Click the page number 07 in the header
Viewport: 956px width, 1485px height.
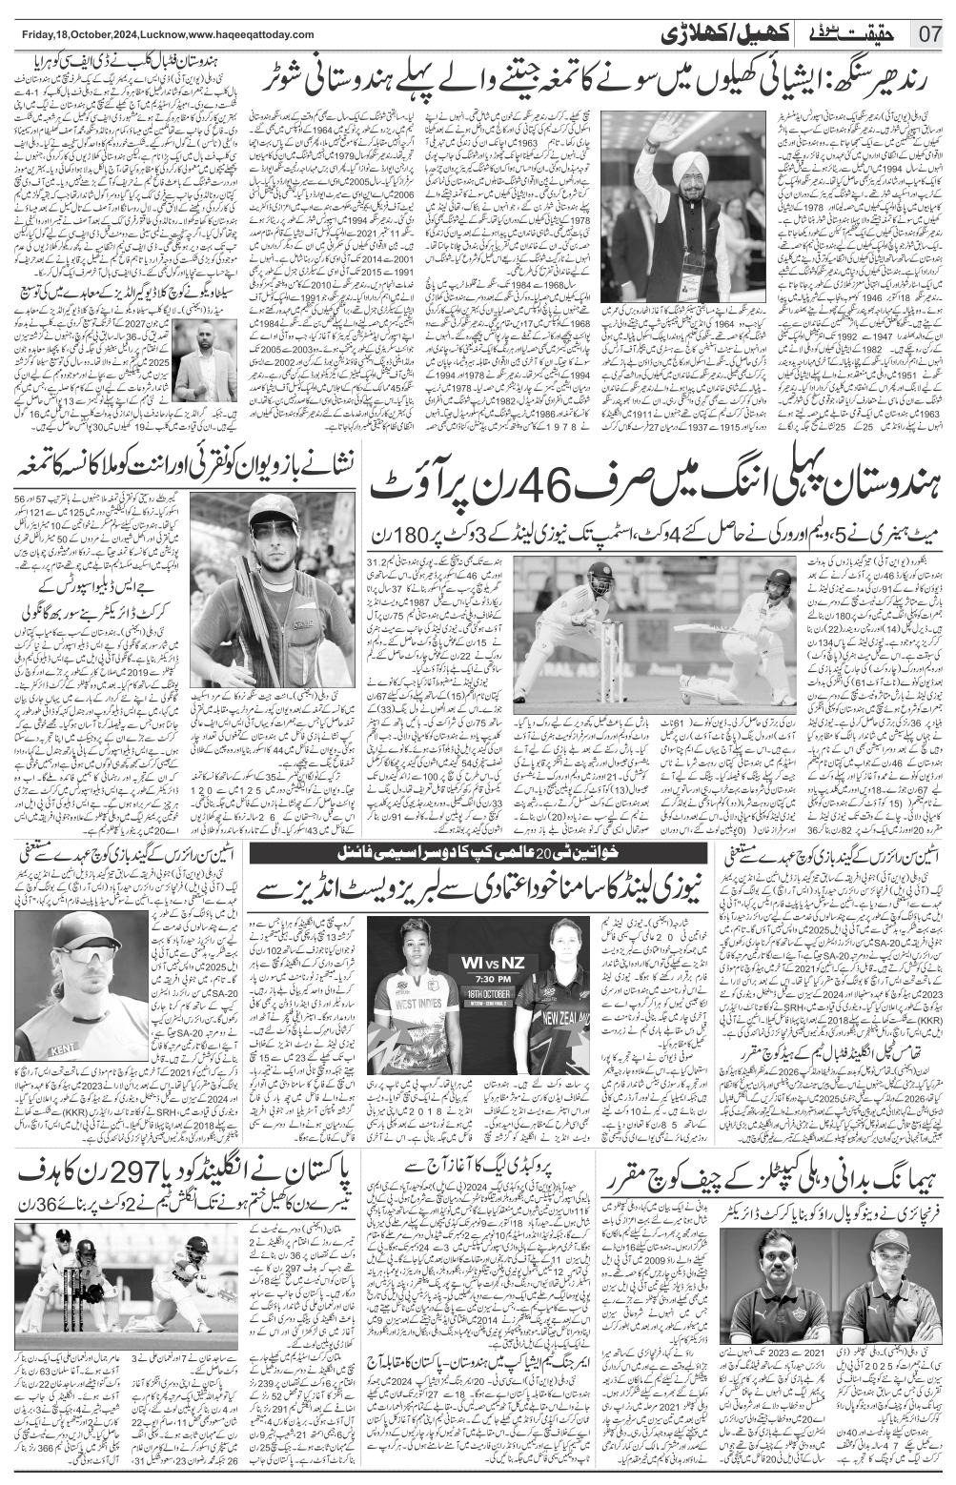(929, 34)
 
